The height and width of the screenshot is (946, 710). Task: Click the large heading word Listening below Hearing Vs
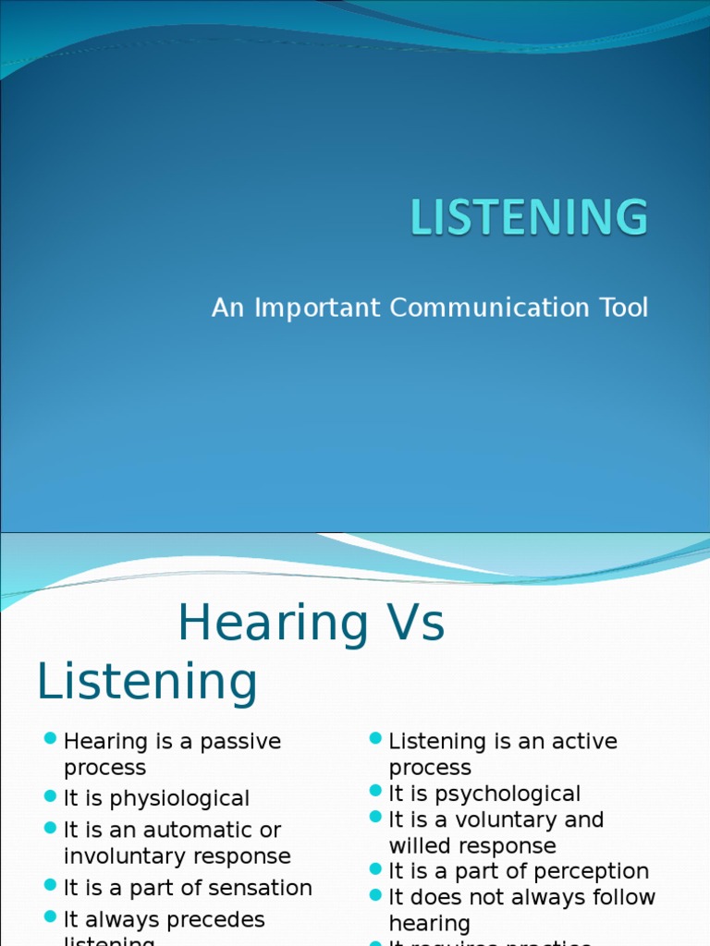tap(146, 682)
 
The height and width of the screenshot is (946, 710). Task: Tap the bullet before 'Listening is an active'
tap(375, 738)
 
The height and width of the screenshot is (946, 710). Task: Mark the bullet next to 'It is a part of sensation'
tap(51, 885)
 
